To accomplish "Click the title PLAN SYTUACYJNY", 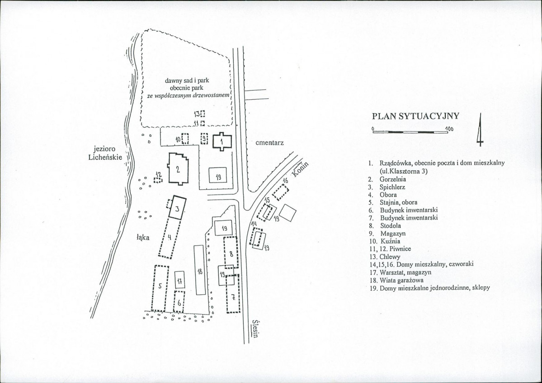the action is pyautogui.click(x=415, y=116).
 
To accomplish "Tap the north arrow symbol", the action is pyautogui.click(x=480, y=130).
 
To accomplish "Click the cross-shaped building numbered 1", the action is pyautogui.click(x=221, y=141).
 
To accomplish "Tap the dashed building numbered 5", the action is pyautogui.click(x=160, y=288).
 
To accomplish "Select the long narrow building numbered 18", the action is pyautogui.click(x=200, y=270).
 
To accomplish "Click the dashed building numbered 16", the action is pyautogui.click(x=281, y=192).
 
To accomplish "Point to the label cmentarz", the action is pyautogui.click(x=269, y=143).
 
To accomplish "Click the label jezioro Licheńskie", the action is pyautogui.click(x=105, y=153).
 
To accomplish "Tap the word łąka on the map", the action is pyautogui.click(x=143, y=238).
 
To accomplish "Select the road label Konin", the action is pyautogui.click(x=300, y=169).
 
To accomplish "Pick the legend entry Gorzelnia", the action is pyautogui.click(x=393, y=179).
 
